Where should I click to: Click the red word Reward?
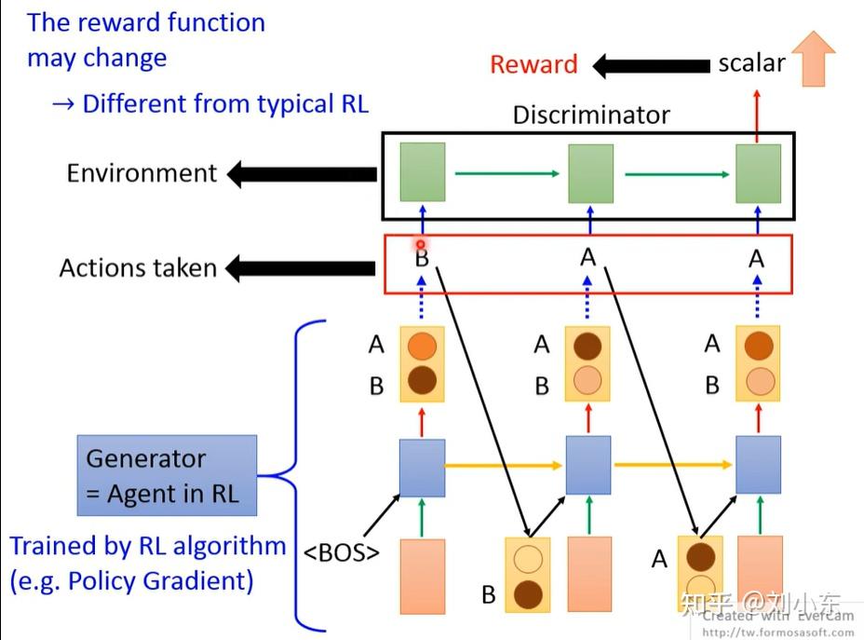pyautogui.click(x=533, y=64)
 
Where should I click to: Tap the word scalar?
pyautogui.click(x=751, y=63)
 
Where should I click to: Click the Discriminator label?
pyautogui.click(x=591, y=115)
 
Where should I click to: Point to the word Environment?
pyautogui.click(x=142, y=173)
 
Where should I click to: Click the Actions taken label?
pyautogui.click(x=138, y=268)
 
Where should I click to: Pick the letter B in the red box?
pyautogui.click(x=422, y=258)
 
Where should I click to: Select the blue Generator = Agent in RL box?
pyautogui.click(x=167, y=476)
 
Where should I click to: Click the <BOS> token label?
pyautogui.click(x=342, y=551)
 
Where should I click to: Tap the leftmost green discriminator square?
pyautogui.click(x=423, y=172)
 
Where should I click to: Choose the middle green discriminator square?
pyautogui.click(x=590, y=173)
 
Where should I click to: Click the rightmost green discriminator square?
pyautogui.click(x=758, y=173)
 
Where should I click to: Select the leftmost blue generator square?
pyautogui.click(x=422, y=467)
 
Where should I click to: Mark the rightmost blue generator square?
pyautogui.click(x=758, y=465)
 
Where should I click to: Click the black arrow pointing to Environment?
pyautogui.click(x=302, y=173)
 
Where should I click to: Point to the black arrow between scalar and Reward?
pyautogui.click(x=651, y=66)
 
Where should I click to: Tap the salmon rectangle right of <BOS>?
pyautogui.click(x=422, y=575)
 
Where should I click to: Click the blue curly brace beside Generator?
pyautogui.click(x=296, y=475)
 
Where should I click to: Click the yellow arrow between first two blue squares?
pyautogui.click(x=505, y=464)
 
